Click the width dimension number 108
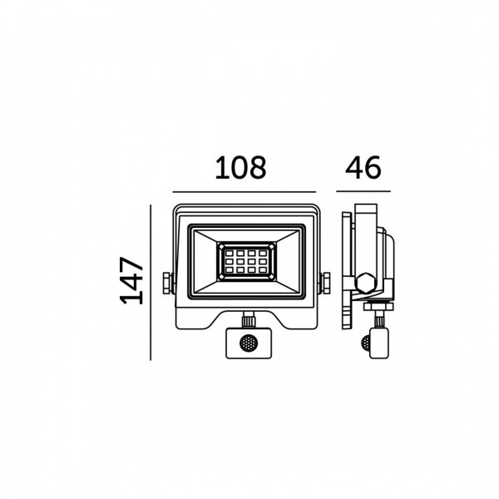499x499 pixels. [x=240, y=168]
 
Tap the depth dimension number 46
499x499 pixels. [x=363, y=167]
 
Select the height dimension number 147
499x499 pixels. [x=131, y=280]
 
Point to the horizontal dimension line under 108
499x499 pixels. [x=244, y=192]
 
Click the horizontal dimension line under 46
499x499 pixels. [x=363, y=191]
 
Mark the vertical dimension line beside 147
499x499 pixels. [x=151, y=283]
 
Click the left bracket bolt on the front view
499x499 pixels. [x=168, y=283]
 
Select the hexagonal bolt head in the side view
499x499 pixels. [x=366, y=283]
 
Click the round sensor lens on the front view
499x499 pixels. [x=249, y=343]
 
